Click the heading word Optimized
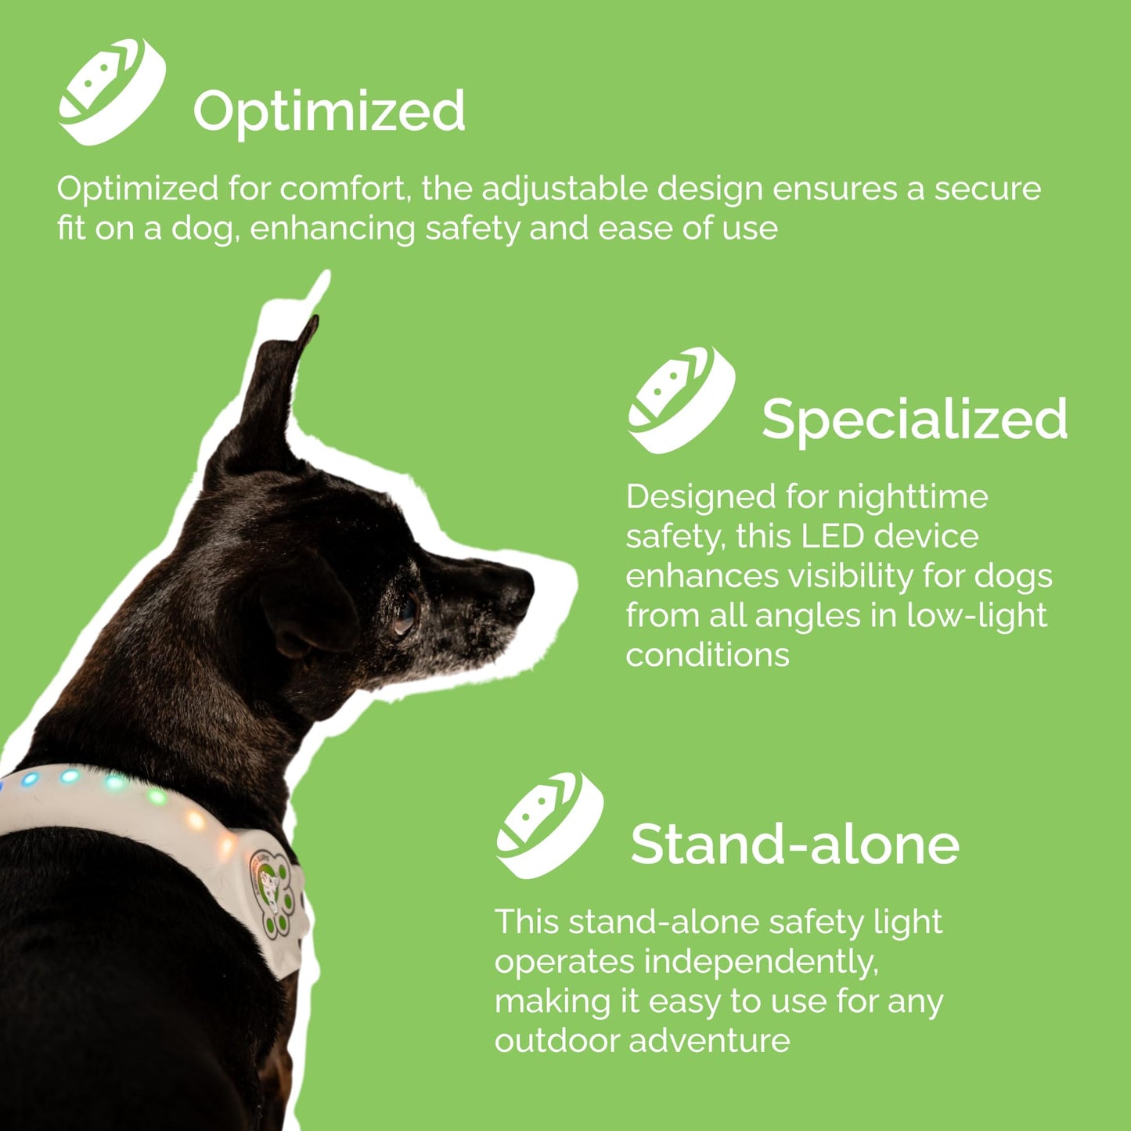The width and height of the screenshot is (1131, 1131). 329,111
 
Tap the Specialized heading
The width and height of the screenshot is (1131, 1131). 914,419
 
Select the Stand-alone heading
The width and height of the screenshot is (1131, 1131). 794,845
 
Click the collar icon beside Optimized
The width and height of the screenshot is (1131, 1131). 112,91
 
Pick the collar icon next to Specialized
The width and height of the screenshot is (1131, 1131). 681,399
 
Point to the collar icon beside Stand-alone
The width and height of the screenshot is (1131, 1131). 549,825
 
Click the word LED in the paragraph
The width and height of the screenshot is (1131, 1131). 832,537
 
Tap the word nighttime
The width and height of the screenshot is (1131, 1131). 912,497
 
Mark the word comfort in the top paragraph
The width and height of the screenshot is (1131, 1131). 345,189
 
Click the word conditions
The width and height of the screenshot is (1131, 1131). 707,656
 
